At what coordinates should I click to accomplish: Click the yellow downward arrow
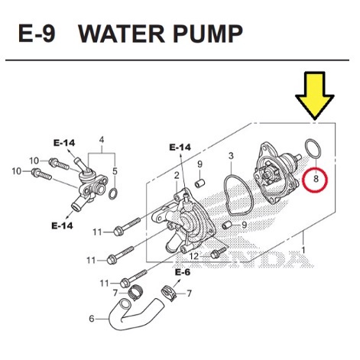pos(315,94)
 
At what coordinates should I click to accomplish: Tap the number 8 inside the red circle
pos(316,179)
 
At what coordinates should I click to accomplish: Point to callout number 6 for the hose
pos(92,319)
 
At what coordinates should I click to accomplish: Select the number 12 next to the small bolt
pos(194,256)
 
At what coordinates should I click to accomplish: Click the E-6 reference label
pos(183,272)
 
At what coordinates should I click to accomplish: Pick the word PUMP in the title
pos(208,34)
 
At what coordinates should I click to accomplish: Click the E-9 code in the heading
pos(37,34)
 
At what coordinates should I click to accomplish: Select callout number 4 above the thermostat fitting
pos(102,140)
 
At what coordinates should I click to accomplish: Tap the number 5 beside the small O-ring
pos(115,171)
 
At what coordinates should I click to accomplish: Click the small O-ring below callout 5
pos(113,194)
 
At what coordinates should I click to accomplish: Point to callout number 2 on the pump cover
pos(177,175)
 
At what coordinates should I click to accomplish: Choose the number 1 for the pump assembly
pos(303,250)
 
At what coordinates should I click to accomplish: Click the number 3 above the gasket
pos(231,156)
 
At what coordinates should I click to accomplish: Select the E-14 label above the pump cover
pos(180,147)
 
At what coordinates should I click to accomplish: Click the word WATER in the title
pos(122,34)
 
